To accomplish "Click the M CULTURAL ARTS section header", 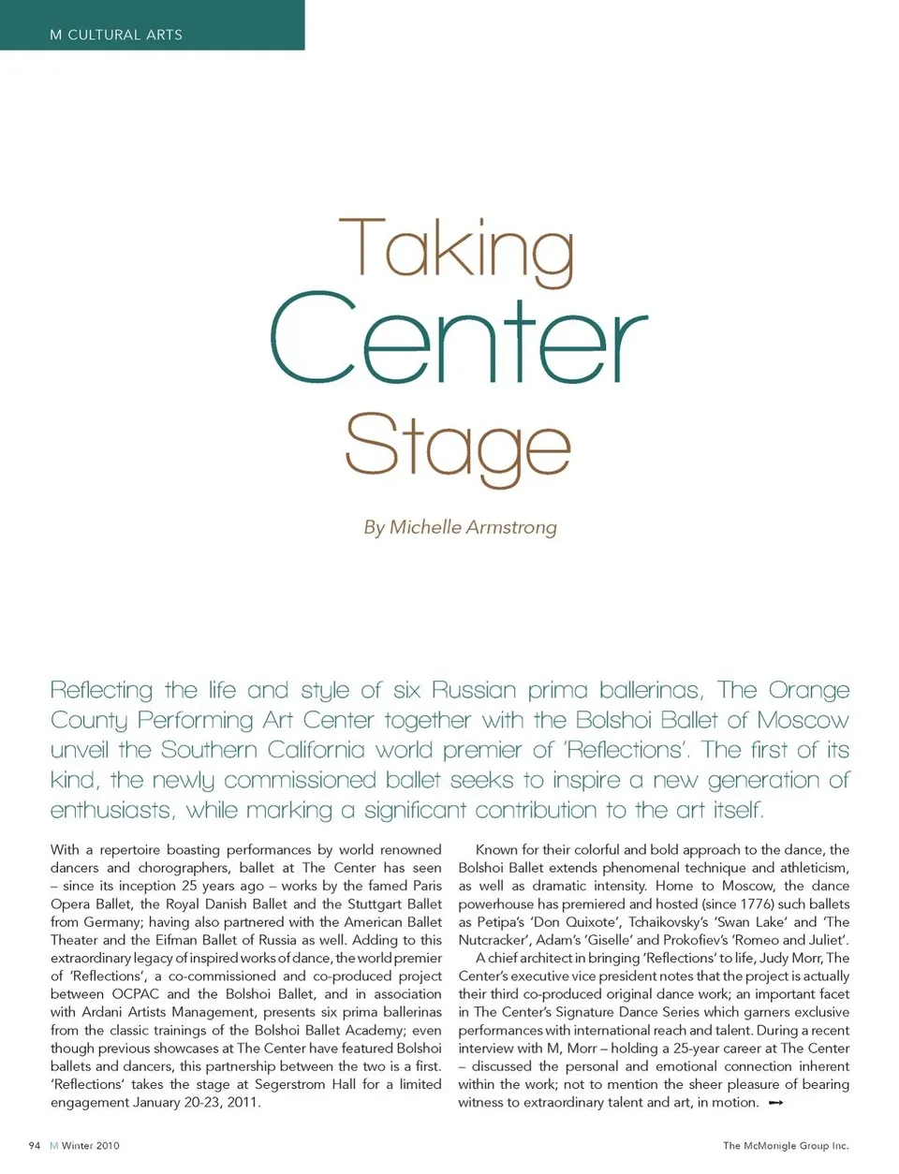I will point(116,35).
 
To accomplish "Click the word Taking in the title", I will point(456,248).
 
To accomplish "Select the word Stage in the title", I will point(457,447).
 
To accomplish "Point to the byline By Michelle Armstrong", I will point(460,527).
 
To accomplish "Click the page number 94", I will point(35,1145).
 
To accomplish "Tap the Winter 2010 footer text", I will point(91,1145).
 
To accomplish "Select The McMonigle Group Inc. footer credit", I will point(785,1145).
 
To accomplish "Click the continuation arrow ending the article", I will point(775,1103).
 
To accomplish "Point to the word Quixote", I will point(594,922).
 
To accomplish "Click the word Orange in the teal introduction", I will point(809,690).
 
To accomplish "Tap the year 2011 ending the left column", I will point(243,1102).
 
